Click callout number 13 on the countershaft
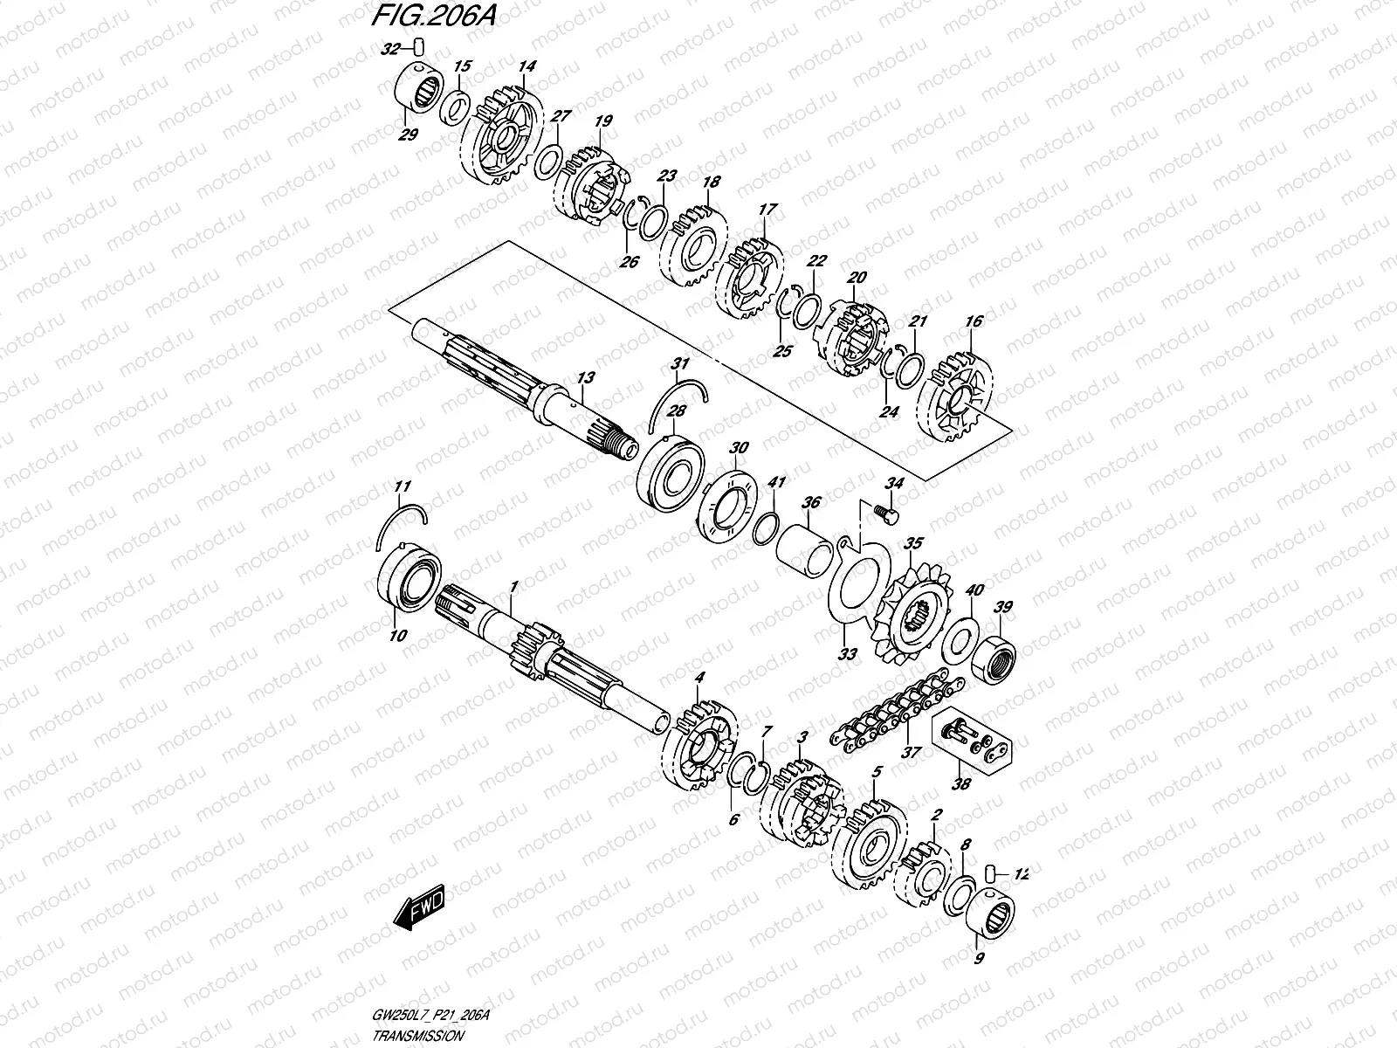[x=584, y=377]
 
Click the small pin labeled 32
[x=417, y=45]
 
